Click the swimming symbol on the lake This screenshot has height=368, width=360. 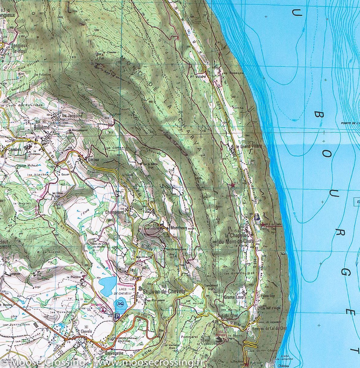pyautogui.click(x=119, y=304)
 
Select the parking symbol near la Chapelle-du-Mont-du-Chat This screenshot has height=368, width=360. pyautogui.click(x=257, y=217)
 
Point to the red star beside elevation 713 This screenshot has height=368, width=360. pyautogui.click(x=233, y=185)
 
